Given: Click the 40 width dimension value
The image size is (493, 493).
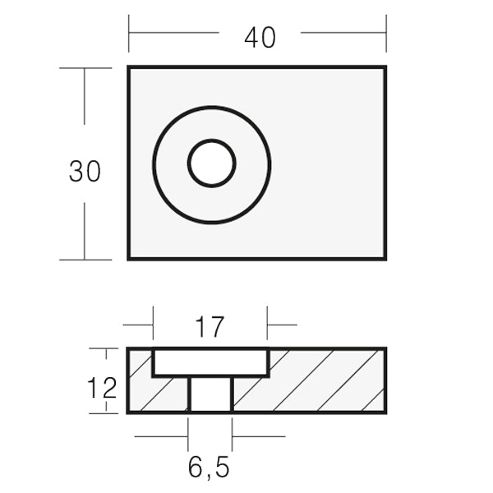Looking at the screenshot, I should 260,38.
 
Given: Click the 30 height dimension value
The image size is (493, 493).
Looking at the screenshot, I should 85,172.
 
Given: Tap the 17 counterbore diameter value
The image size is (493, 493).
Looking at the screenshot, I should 210,327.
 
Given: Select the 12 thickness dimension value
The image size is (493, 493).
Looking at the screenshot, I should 103,388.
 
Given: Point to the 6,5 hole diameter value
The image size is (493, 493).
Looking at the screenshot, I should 209,468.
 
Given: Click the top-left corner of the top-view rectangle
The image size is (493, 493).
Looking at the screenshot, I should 129,68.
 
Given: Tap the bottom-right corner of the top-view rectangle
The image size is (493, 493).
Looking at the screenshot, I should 385,259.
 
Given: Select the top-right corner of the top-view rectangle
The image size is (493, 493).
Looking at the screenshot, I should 385,68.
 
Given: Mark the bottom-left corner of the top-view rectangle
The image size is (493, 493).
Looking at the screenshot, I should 129,259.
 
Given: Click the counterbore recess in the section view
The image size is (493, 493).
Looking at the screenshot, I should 210,362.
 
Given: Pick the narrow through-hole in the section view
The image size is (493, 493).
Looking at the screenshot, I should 210,394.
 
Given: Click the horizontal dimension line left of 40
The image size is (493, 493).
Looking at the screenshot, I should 173,33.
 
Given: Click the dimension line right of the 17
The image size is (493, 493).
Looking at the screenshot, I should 282,325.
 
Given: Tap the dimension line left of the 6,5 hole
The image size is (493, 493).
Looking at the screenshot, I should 161,437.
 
